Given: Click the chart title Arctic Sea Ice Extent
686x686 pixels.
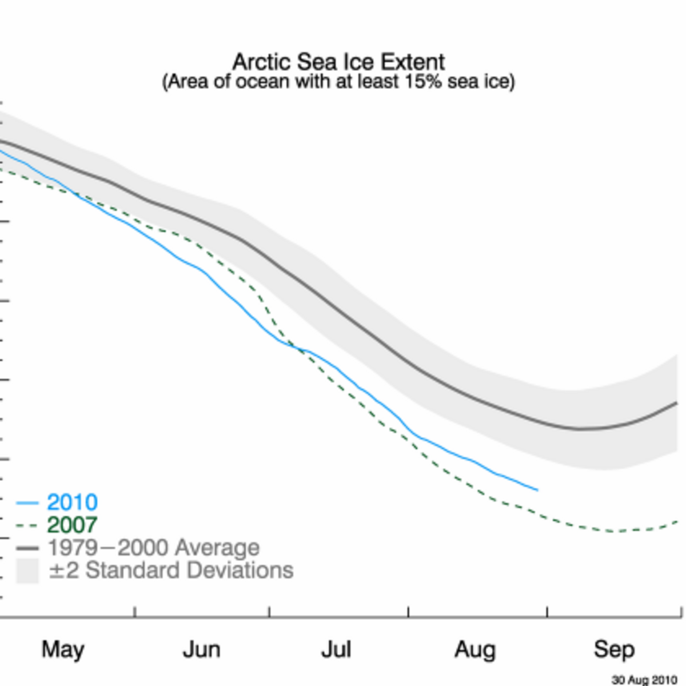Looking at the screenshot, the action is pos(338,62).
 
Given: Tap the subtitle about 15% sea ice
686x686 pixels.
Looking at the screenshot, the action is pos(338,82).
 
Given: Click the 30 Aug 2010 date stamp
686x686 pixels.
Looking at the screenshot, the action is pos(644,679).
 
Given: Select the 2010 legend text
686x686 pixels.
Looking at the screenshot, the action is pos(72,502).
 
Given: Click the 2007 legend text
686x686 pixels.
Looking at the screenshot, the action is pos(72,525).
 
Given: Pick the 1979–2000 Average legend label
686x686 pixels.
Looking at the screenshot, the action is pos(153,548).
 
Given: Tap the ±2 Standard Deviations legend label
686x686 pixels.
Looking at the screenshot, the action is pos(171,571).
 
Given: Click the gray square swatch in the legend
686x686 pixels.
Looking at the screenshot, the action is pos(27,571).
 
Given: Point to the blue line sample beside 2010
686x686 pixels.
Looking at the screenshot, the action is pos(27,502).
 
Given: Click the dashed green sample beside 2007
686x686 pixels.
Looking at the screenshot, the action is pos(27,525).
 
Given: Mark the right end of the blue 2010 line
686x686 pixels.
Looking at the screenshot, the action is pos(538,490).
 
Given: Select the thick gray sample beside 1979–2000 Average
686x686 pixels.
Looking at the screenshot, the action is pos(27,548).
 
